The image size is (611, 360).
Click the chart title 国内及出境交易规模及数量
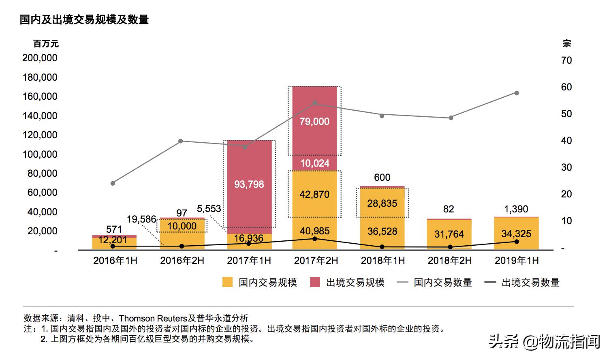click(x=84, y=19)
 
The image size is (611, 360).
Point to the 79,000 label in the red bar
click(x=314, y=121)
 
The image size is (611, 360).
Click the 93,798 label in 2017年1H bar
click(x=249, y=184)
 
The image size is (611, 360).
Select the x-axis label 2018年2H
click(x=449, y=260)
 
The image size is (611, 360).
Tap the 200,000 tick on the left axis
click(x=40, y=58)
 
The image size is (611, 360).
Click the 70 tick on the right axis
click(x=566, y=60)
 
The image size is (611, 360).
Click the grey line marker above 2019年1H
click(x=517, y=93)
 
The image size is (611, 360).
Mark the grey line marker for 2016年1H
click(x=113, y=183)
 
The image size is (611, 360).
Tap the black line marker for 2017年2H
click(x=315, y=238)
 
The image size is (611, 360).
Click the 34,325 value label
click(x=516, y=234)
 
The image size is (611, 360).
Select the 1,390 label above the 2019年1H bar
click(x=516, y=209)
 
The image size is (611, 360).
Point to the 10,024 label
click(x=314, y=163)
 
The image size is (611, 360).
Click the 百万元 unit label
click(x=46, y=43)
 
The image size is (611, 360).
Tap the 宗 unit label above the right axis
click(x=567, y=43)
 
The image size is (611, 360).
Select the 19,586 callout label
click(x=141, y=219)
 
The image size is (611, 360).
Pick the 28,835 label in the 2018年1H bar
click(x=382, y=203)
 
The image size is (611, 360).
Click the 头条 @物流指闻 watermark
click(x=544, y=341)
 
